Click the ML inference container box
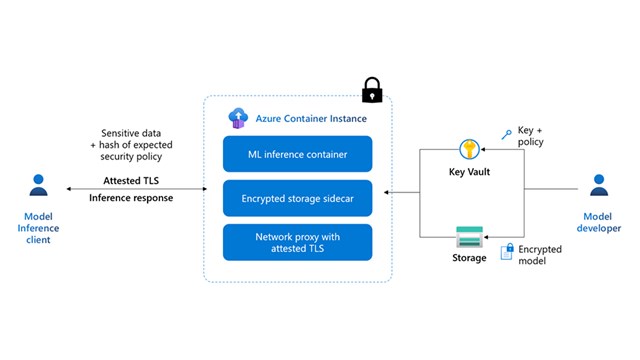tap(299, 154)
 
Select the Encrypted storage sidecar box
tap(299, 198)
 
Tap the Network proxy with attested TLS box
tap(299, 241)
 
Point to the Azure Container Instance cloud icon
tap(237, 118)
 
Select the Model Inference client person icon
tap(39, 186)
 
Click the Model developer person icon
tap(600, 186)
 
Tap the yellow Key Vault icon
tap(470, 150)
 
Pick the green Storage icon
tap(470, 237)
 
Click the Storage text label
tap(470, 258)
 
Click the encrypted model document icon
tap(508, 254)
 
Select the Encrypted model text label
tap(541, 255)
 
